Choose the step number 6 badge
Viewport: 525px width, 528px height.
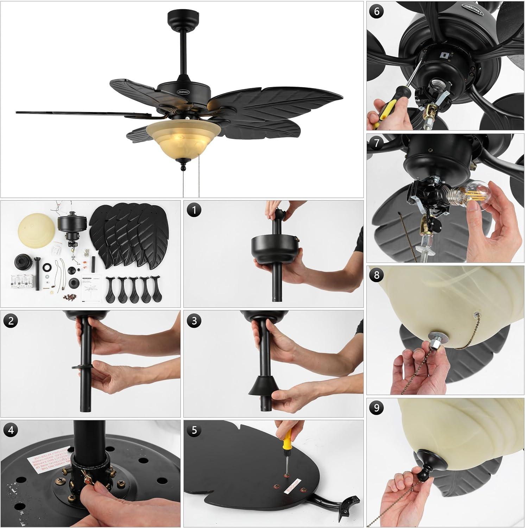click(377, 12)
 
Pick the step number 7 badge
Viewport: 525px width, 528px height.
click(377, 144)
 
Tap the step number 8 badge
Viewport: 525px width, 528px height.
click(377, 275)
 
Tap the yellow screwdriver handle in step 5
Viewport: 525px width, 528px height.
click(287, 439)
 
